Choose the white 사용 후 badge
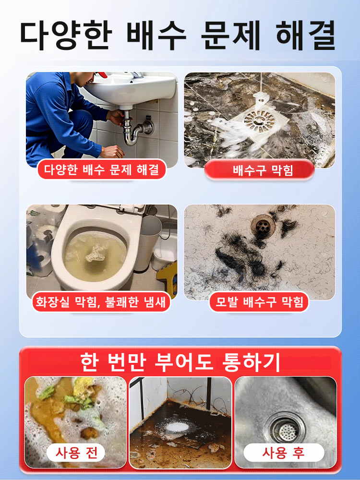pos(283,452)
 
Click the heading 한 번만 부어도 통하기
pos(180,362)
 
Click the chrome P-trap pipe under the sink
pos(134,130)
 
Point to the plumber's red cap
pos(102,74)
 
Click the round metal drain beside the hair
pos(261,223)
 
